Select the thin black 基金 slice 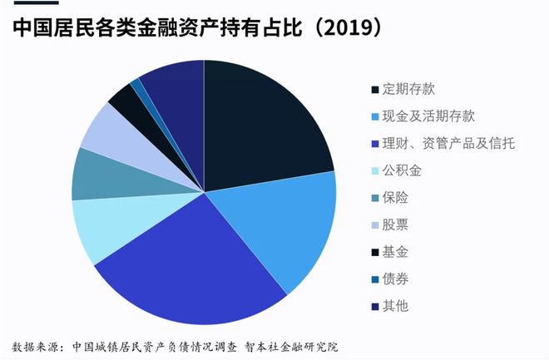125,100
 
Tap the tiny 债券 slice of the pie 136,86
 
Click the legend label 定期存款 408,89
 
